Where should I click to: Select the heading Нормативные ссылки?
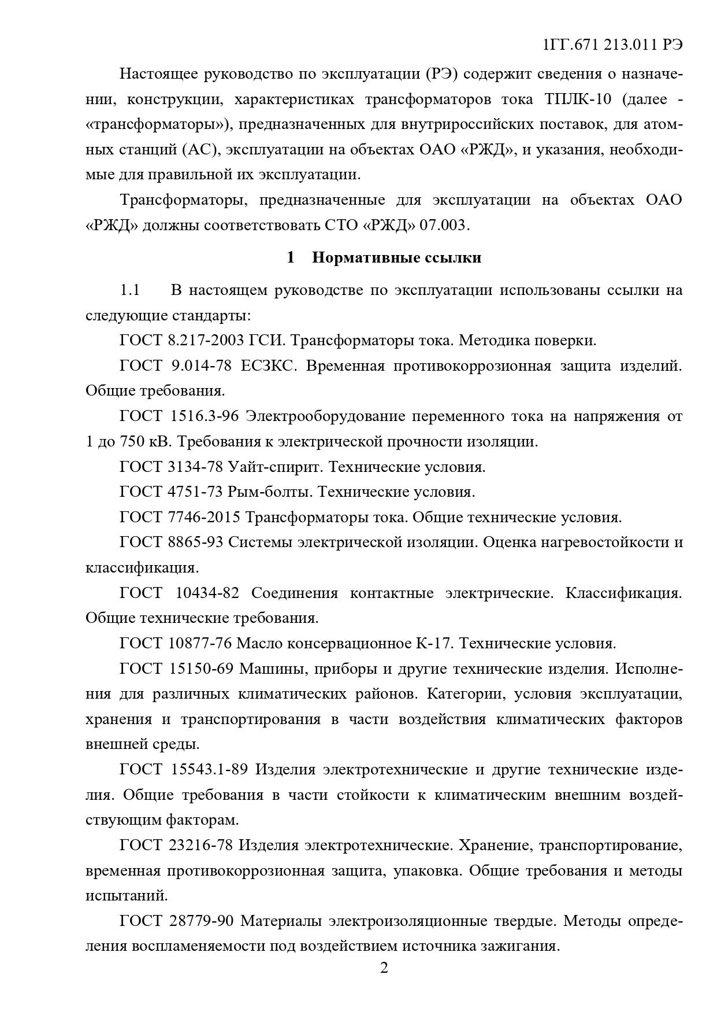(396, 257)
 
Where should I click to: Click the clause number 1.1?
(130, 290)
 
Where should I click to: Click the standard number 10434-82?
(206, 593)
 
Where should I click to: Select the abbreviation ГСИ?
(267, 340)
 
